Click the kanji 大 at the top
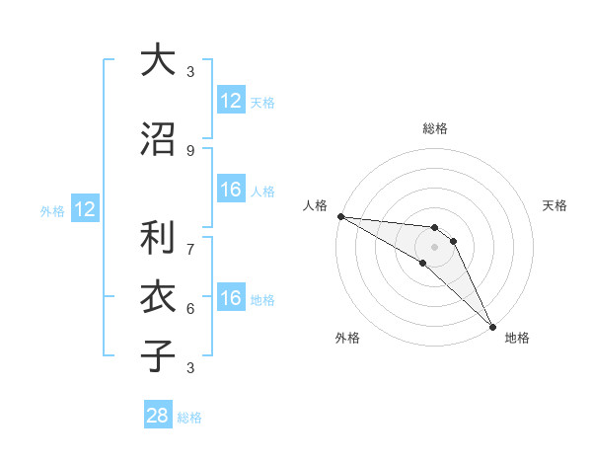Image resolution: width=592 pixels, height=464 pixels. [x=158, y=60]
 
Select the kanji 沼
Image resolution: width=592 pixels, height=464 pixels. [x=158, y=139]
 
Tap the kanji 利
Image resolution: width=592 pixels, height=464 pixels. [x=158, y=238]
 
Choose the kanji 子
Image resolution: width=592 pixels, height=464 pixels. [x=158, y=356]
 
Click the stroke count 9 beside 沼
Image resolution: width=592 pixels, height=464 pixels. [x=190, y=150]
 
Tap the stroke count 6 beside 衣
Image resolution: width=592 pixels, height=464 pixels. [x=190, y=308]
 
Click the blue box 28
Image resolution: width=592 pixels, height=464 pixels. [x=158, y=416]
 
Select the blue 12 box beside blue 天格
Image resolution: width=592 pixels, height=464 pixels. [x=231, y=101]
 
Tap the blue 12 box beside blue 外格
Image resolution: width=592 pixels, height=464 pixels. [x=85, y=209]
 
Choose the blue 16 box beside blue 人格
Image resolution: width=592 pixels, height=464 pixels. [x=231, y=191]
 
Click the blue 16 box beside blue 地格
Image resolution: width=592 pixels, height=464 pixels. [x=231, y=299]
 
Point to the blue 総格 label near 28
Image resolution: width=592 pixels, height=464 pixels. [x=189, y=418]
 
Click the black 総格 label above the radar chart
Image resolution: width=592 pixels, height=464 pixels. [x=435, y=128]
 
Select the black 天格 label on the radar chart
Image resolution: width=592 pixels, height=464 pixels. [x=555, y=205]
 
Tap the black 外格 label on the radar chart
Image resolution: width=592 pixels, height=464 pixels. [x=347, y=338]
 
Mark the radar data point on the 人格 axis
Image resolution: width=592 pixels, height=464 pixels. [x=340, y=216]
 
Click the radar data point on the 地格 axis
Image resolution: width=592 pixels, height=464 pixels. [x=492, y=327]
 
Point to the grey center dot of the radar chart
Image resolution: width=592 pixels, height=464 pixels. [x=435, y=247]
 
